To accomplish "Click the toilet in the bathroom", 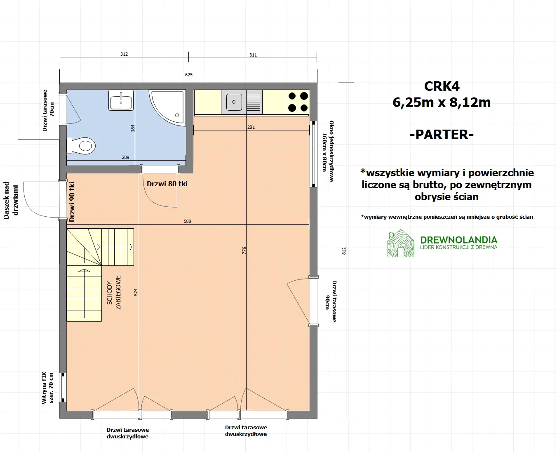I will tap(83, 146).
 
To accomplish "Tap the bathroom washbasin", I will tap(121, 100).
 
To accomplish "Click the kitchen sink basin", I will tap(234, 102).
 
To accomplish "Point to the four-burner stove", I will tap(298, 102).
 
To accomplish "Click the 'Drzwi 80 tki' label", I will tap(167, 184).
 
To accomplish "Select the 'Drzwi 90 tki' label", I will tap(72, 202).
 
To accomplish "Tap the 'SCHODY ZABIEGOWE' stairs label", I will tap(114, 293).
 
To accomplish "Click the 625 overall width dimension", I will tap(189, 75).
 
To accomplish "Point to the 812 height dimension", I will tap(344, 251).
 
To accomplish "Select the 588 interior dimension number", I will tap(187, 221).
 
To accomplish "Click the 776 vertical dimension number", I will tap(244, 250).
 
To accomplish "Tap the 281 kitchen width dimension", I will tap(251, 127).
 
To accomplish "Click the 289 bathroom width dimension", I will tap(126, 157).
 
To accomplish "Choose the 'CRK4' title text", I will tap(442, 86).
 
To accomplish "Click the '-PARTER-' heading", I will tap(442, 135).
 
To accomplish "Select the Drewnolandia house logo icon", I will tap(401, 243).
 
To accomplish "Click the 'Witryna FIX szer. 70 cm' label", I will tap(47, 388).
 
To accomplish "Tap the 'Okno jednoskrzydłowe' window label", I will tap(328, 151).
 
